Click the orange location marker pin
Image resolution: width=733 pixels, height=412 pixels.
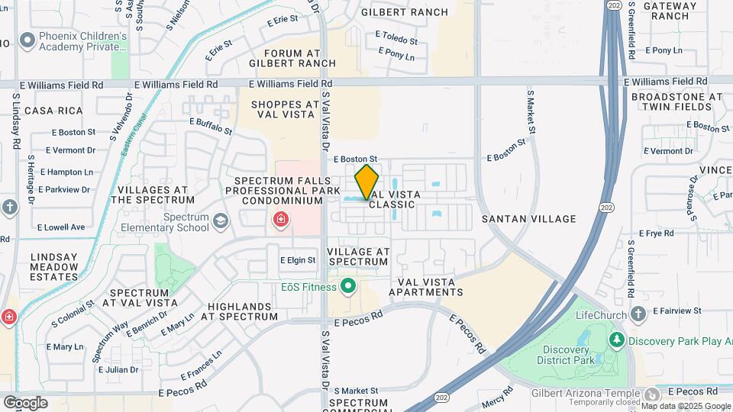tap(366, 182)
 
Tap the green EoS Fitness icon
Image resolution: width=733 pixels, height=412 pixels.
tap(348, 287)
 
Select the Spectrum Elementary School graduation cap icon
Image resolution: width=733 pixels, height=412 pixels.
tap(221, 221)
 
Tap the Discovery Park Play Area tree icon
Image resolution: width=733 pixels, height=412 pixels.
tap(615, 339)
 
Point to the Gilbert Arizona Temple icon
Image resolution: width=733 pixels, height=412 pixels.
tap(651, 394)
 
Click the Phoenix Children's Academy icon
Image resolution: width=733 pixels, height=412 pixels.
tap(28, 39)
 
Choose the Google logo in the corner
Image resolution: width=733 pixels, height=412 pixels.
tap(25, 402)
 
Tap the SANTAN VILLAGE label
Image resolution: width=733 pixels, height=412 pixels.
tap(528, 219)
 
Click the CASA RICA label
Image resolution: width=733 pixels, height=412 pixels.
tap(53, 111)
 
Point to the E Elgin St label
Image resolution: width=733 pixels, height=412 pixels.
tap(298, 260)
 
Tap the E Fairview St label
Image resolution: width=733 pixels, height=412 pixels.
tap(676, 311)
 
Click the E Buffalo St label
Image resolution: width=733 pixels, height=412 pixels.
tap(212, 126)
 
